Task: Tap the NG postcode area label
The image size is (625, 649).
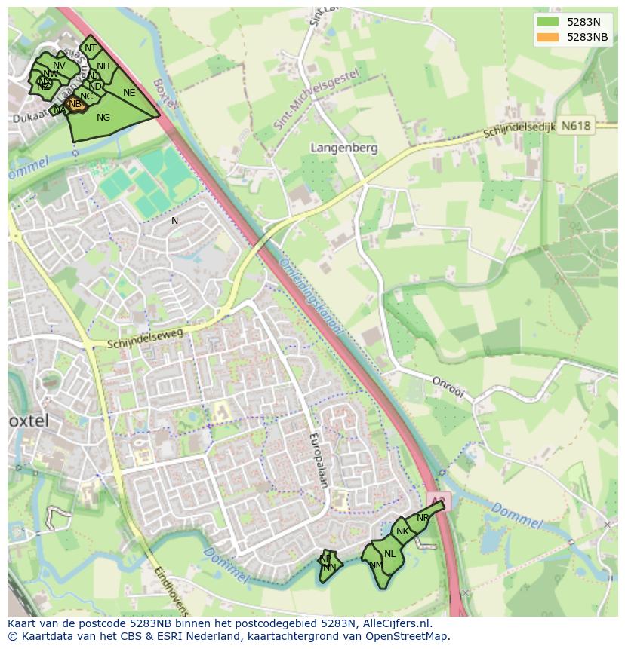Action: pyautogui.click(x=103, y=118)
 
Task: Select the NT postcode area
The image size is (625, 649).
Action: pyautogui.click(x=91, y=48)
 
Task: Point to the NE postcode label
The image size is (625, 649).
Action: pyautogui.click(x=129, y=93)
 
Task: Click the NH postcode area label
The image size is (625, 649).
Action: pyautogui.click(x=103, y=66)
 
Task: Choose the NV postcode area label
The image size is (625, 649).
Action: pyautogui.click(x=60, y=66)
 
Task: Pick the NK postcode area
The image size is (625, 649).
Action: pyautogui.click(x=402, y=531)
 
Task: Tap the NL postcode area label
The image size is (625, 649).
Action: pyautogui.click(x=389, y=554)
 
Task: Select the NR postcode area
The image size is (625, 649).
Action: pyautogui.click(x=423, y=518)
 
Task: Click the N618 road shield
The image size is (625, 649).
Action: pyautogui.click(x=577, y=127)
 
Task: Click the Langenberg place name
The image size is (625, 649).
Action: pyautogui.click(x=344, y=148)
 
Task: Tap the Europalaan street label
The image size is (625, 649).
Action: pyautogui.click(x=319, y=461)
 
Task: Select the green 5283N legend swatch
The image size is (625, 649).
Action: pyautogui.click(x=548, y=22)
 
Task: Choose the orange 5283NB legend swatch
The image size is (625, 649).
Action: pyautogui.click(x=548, y=37)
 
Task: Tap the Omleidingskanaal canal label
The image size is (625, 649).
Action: pyautogui.click(x=311, y=297)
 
